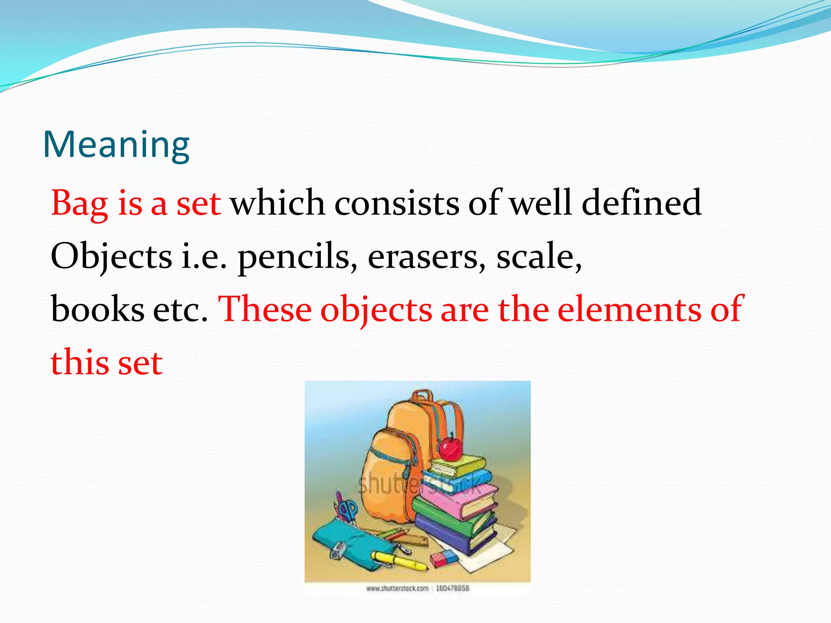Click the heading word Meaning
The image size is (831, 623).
[116, 145]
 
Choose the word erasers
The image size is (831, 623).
[426, 256]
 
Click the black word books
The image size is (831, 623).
[97, 309]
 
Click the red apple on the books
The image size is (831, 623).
[451, 448]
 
